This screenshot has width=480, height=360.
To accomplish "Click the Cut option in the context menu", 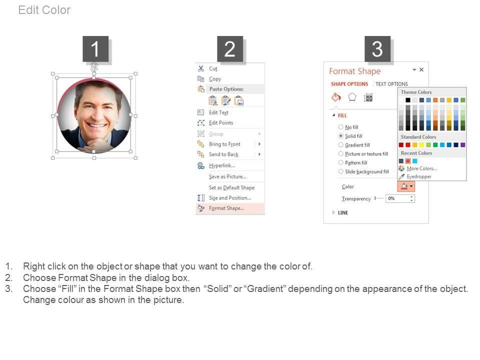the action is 213,68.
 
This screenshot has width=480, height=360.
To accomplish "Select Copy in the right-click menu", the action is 214,79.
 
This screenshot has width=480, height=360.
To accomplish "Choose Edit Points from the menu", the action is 220,123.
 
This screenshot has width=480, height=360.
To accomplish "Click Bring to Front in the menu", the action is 224,144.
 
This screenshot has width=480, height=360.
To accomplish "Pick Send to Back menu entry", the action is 223,154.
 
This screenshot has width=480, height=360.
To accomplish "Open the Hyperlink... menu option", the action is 221,165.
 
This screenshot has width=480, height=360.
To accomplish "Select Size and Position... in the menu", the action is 229,198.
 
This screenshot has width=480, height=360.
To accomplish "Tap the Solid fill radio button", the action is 340,136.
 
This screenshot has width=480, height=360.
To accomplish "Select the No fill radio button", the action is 340,127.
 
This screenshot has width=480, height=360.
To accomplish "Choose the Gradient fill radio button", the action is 340,145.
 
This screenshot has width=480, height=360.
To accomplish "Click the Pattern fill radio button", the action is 340,162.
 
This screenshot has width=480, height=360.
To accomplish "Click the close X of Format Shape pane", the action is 421,70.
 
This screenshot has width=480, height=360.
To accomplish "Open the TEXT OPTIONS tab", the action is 391,84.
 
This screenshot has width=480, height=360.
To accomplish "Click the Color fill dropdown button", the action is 406,186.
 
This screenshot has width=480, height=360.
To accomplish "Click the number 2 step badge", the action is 230,49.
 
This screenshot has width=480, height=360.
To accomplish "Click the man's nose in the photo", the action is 97,114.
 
